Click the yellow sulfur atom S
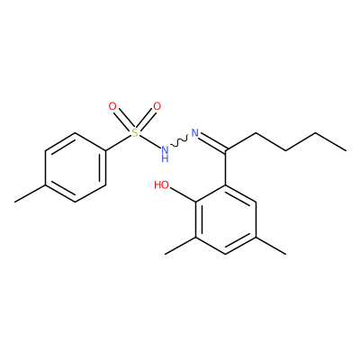[x=135, y=132]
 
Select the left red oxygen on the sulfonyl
[x=112, y=106]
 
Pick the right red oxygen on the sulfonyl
[x=157, y=106]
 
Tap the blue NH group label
[x=165, y=154]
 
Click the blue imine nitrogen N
[x=195, y=132]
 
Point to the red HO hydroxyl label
[x=162, y=184]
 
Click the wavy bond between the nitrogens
[x=179, y=141]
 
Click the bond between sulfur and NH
[x=150, y=141]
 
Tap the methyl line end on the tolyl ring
[x=15, y=202]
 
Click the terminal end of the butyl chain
[x=346, y=149]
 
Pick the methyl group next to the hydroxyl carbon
[x=180, y=246]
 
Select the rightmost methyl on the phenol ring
[x=271, y=246]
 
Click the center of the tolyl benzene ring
[x=76, y=167]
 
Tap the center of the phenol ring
[x=226, y=220]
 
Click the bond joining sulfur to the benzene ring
[x=119, y=142]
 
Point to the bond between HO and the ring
[x=183, y=193]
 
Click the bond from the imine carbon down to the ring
[x=226, y=167]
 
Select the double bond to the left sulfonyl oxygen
[x=123, y=120]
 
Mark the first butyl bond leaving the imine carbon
[x=241, y=141]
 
